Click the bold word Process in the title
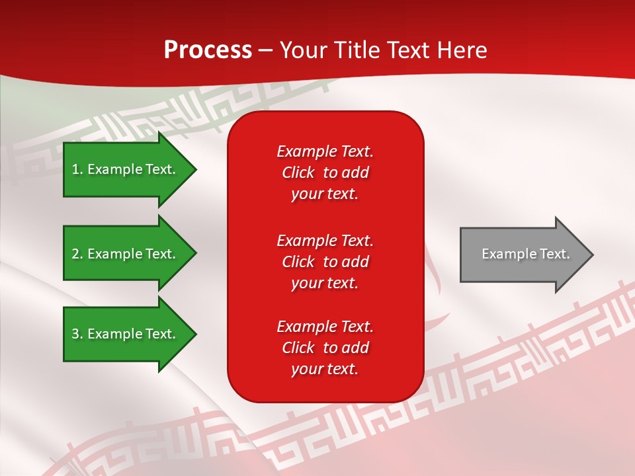click(x=208, y=50)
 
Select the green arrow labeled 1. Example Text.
click(x=126, y=170)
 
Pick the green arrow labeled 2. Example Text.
click(x=126, y=254)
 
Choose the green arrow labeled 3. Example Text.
click(x=126, y=334)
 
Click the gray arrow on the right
click(x=523, y=255)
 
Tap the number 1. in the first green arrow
click(x=77, y=169)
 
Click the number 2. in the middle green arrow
click(x=77, y=254)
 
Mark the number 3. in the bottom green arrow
click(x=77, y=334)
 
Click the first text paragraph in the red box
click(x=325, y=173)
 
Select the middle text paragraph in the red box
click(x=325, y=262)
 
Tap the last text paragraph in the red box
click(x=325, y=348)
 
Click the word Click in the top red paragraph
click(x=298, y=173)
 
